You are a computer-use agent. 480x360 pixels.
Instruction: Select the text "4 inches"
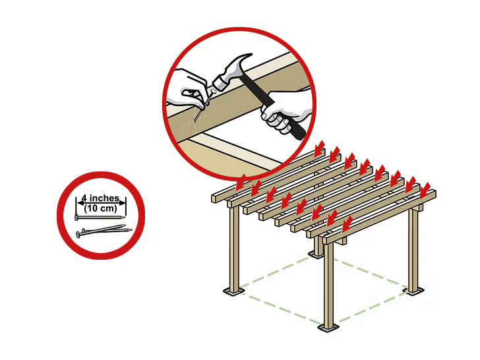[x=101, y=198]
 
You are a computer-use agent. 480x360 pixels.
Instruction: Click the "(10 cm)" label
[x=101, y=208]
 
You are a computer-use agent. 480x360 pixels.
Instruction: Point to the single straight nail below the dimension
[x=100, y=218]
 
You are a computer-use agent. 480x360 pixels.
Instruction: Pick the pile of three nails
[x=104, y=231]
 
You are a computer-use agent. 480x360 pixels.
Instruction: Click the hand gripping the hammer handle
[x=286, y=111]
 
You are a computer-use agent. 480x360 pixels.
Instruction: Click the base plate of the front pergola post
[x=328, y=329]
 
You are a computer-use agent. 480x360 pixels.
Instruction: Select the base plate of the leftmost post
[x=234, y=291]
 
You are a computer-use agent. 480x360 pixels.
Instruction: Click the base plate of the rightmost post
[x=415, y=291]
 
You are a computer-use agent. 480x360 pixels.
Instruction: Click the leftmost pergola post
[x=234, y=249]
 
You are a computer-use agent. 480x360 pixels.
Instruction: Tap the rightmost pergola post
[x=414, y=249]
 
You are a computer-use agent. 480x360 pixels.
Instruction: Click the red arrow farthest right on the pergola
[x=425, y=191]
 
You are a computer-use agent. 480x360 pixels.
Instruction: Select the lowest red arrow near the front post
[x=347, y=224]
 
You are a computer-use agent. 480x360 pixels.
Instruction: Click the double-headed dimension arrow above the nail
[x=101, y=202]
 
